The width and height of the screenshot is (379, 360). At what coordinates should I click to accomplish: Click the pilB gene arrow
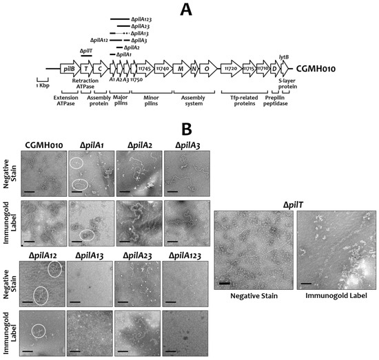click(68, 69)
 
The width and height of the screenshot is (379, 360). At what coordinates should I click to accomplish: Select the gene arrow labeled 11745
click(145, 69)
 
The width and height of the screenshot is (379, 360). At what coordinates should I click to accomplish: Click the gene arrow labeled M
click(181, 69)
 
